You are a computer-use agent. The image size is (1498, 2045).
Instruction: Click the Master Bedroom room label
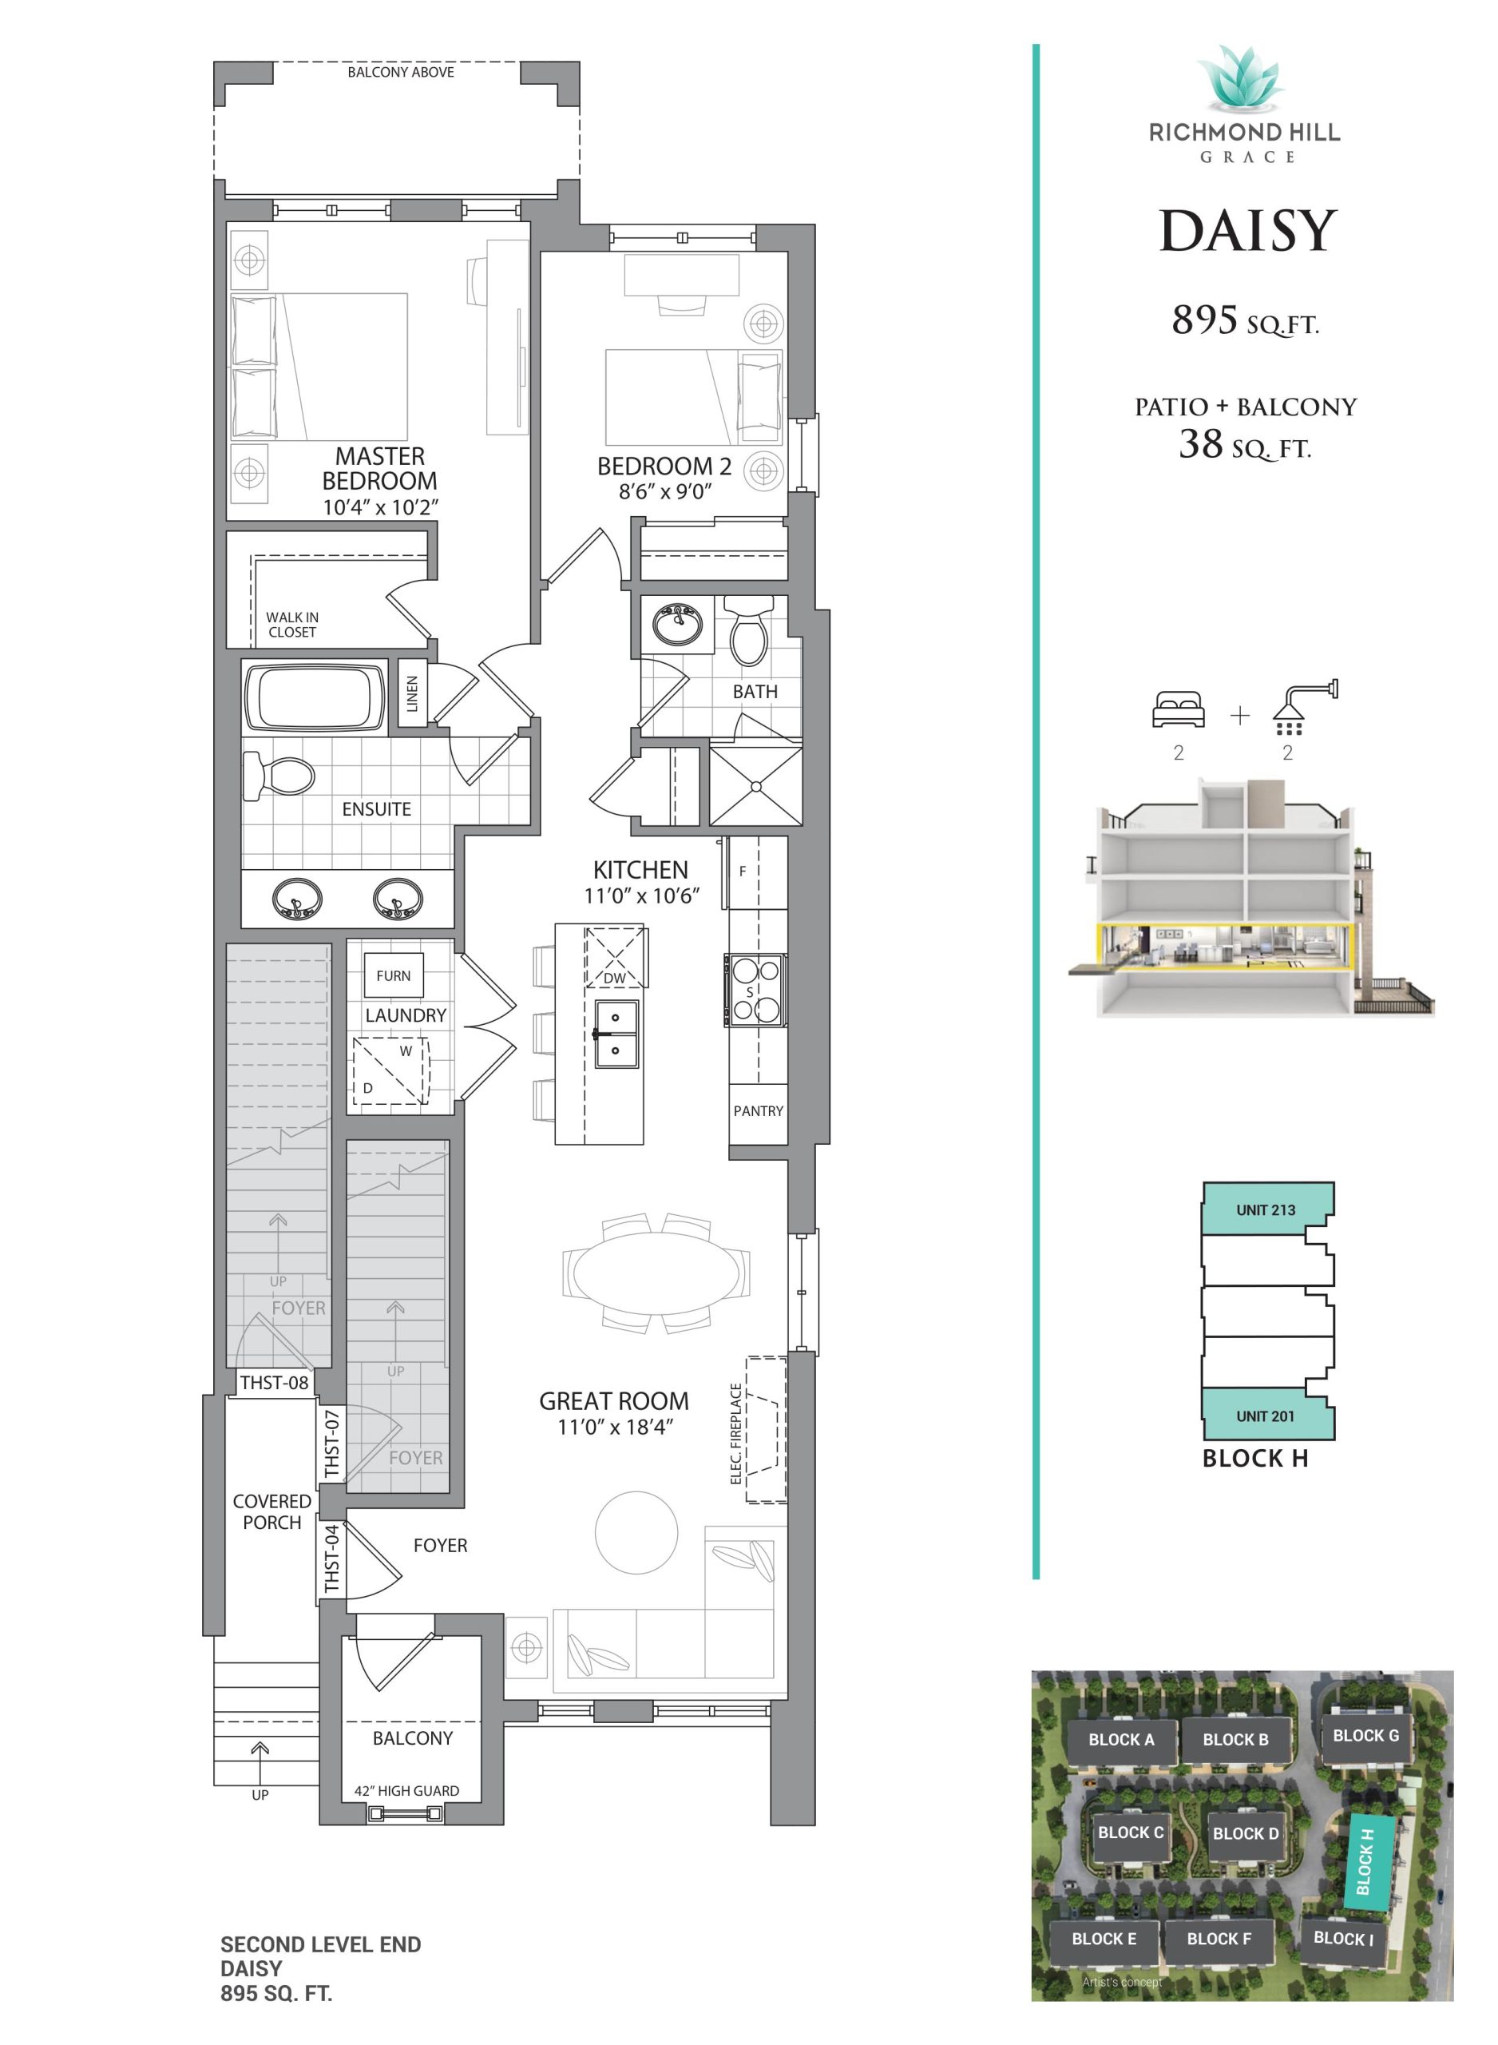(x=379, y=468)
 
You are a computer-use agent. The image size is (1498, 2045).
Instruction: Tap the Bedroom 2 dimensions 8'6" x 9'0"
(x=664, y=490)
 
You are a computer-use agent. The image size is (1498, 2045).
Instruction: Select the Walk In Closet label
(x=292, y=624)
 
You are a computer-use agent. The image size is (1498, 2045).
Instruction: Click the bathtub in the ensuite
(x=315, y=697)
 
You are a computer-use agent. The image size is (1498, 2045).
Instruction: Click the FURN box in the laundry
(x=393, y=976)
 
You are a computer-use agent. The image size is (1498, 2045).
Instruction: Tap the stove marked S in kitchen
(x=755, y=990)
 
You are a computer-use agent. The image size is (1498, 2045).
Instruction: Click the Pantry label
(x=758, y=1111)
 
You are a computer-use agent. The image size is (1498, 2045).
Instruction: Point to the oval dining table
(x=656, y=1273)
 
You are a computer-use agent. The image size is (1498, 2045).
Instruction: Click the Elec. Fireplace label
(x=736, y=1434)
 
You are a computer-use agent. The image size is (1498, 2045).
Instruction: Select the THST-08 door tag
(x=274, y=1383)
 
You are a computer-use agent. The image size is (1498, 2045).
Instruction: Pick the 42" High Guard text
(x=406, y=1791)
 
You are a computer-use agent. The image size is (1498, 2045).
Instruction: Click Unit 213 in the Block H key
(x=1266, y=1209)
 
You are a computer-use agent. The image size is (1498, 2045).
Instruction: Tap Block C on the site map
(x=1131, y=1832)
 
